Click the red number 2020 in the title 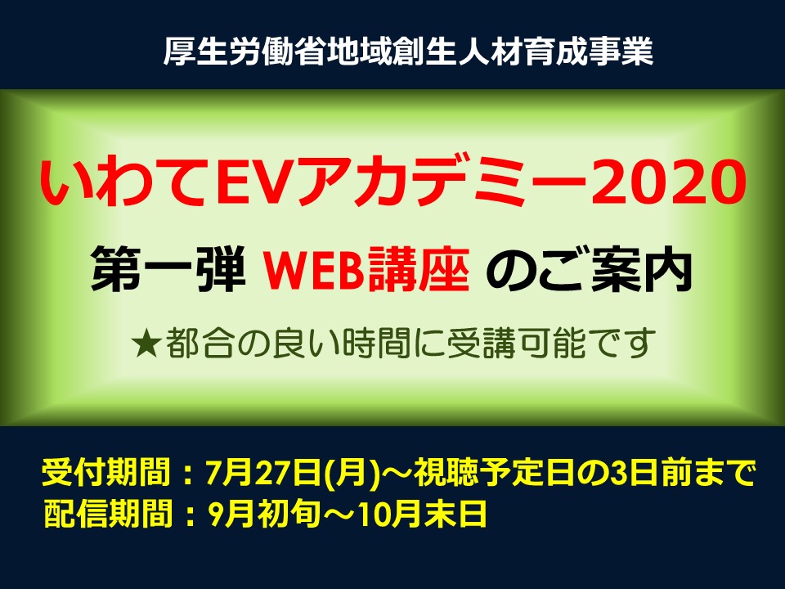(x=668, y=182)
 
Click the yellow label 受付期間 (x=106, y=472)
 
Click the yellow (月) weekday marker (x=352, y=472)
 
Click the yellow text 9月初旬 (x=264, y=514)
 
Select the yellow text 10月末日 (x=423, y=514)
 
